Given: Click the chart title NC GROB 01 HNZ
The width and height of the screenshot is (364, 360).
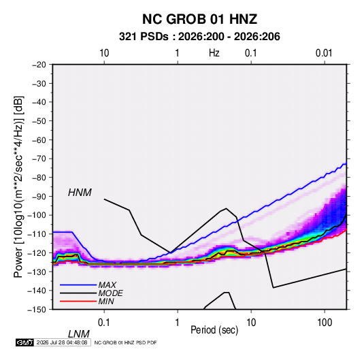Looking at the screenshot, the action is tap(199, 19).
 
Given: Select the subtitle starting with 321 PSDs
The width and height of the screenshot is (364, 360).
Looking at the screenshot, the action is tap(199, 37).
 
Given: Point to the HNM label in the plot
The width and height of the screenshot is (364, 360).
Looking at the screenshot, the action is tap(80, 193).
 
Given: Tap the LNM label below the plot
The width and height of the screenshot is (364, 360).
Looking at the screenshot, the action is tap(78, 334).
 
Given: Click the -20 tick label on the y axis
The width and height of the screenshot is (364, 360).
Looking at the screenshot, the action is tap(39, 65).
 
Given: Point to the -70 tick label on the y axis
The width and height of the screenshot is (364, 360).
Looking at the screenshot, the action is tap(39, 159).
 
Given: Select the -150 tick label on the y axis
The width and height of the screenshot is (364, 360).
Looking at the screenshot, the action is tap(37, 310).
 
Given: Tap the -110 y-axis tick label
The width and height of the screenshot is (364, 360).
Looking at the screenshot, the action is tap(37, 234).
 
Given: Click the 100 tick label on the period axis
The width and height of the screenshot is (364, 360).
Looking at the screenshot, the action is tap(325, 323).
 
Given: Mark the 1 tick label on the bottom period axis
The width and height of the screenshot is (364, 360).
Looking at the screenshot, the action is tap(177, 323).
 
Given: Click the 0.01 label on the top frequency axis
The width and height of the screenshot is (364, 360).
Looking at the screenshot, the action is tap(324, 53).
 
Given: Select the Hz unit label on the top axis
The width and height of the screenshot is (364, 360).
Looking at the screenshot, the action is tap(214, 53).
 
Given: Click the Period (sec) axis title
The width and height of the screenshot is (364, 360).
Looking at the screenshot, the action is tap(214, 330).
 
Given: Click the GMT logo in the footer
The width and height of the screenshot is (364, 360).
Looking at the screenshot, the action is tap(25, 342).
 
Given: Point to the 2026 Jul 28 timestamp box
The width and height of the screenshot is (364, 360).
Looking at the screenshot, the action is tap(62, 342).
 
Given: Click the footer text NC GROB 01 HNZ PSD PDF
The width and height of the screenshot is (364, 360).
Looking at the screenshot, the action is tap(126, 342).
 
